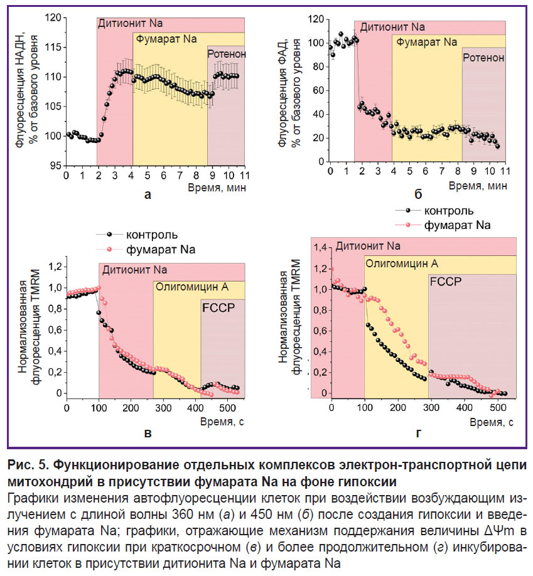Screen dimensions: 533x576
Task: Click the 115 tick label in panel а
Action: (53, 48)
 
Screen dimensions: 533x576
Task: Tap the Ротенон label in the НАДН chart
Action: (227, 54)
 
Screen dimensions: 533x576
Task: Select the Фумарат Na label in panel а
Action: (166, 40)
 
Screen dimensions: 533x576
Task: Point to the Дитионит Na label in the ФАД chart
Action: (392, 27)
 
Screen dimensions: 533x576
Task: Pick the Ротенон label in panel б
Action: (483, 58)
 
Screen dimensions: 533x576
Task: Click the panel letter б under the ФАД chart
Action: (418, 194)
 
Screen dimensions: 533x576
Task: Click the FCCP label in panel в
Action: (218, 307)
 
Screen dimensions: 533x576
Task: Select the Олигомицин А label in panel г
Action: (402, 264)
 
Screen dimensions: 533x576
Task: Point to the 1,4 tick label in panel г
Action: (320, 248)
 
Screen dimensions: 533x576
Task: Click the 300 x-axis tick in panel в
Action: (163, 408)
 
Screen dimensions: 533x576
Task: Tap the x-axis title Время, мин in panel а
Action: (217, 188)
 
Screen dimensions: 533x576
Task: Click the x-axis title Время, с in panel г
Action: (492, 422)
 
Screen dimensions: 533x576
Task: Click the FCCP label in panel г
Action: (446, 281)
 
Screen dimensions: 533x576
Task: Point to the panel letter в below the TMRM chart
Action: (148, 434)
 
